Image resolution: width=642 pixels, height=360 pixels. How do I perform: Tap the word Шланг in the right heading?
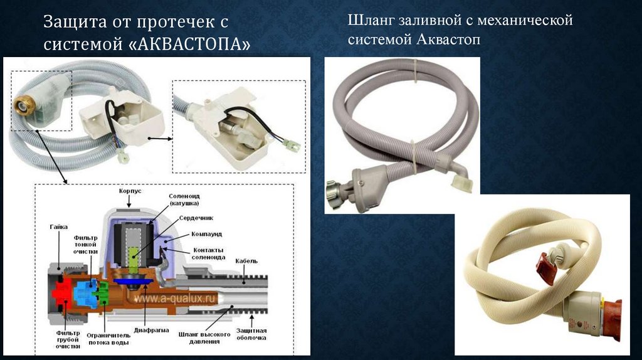point(369,21)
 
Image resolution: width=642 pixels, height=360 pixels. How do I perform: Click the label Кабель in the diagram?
point(246,261)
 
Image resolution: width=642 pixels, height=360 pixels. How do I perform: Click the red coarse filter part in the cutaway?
point(61,294)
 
